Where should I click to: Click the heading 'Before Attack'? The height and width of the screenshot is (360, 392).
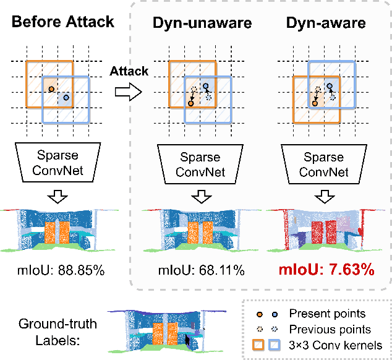click(63, 22)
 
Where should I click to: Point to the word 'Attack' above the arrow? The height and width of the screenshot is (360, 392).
click(129, 71)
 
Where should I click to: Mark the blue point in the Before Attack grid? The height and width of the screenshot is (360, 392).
click(66, 98)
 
